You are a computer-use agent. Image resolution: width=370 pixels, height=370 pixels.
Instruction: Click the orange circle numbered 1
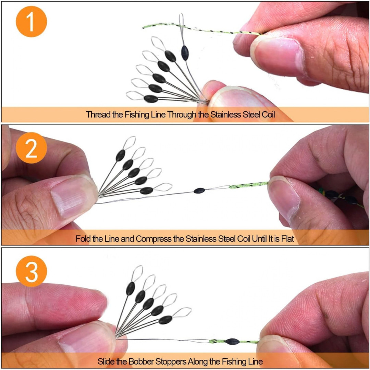click(32, 22)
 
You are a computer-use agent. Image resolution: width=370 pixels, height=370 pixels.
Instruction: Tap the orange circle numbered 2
click(32, 148)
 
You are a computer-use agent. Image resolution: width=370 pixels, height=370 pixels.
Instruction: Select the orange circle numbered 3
click(32, 271)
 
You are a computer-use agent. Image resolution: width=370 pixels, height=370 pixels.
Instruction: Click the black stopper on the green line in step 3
click(232, 342)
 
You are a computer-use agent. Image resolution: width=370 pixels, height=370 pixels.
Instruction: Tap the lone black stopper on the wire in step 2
click(199, 190)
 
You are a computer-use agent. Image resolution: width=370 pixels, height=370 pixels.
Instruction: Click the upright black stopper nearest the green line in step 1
click(185, 53)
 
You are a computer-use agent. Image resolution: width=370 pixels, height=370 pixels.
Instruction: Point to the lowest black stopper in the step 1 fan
click(151, 99)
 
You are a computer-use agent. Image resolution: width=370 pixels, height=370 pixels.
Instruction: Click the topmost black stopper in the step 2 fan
click(120, 155)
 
